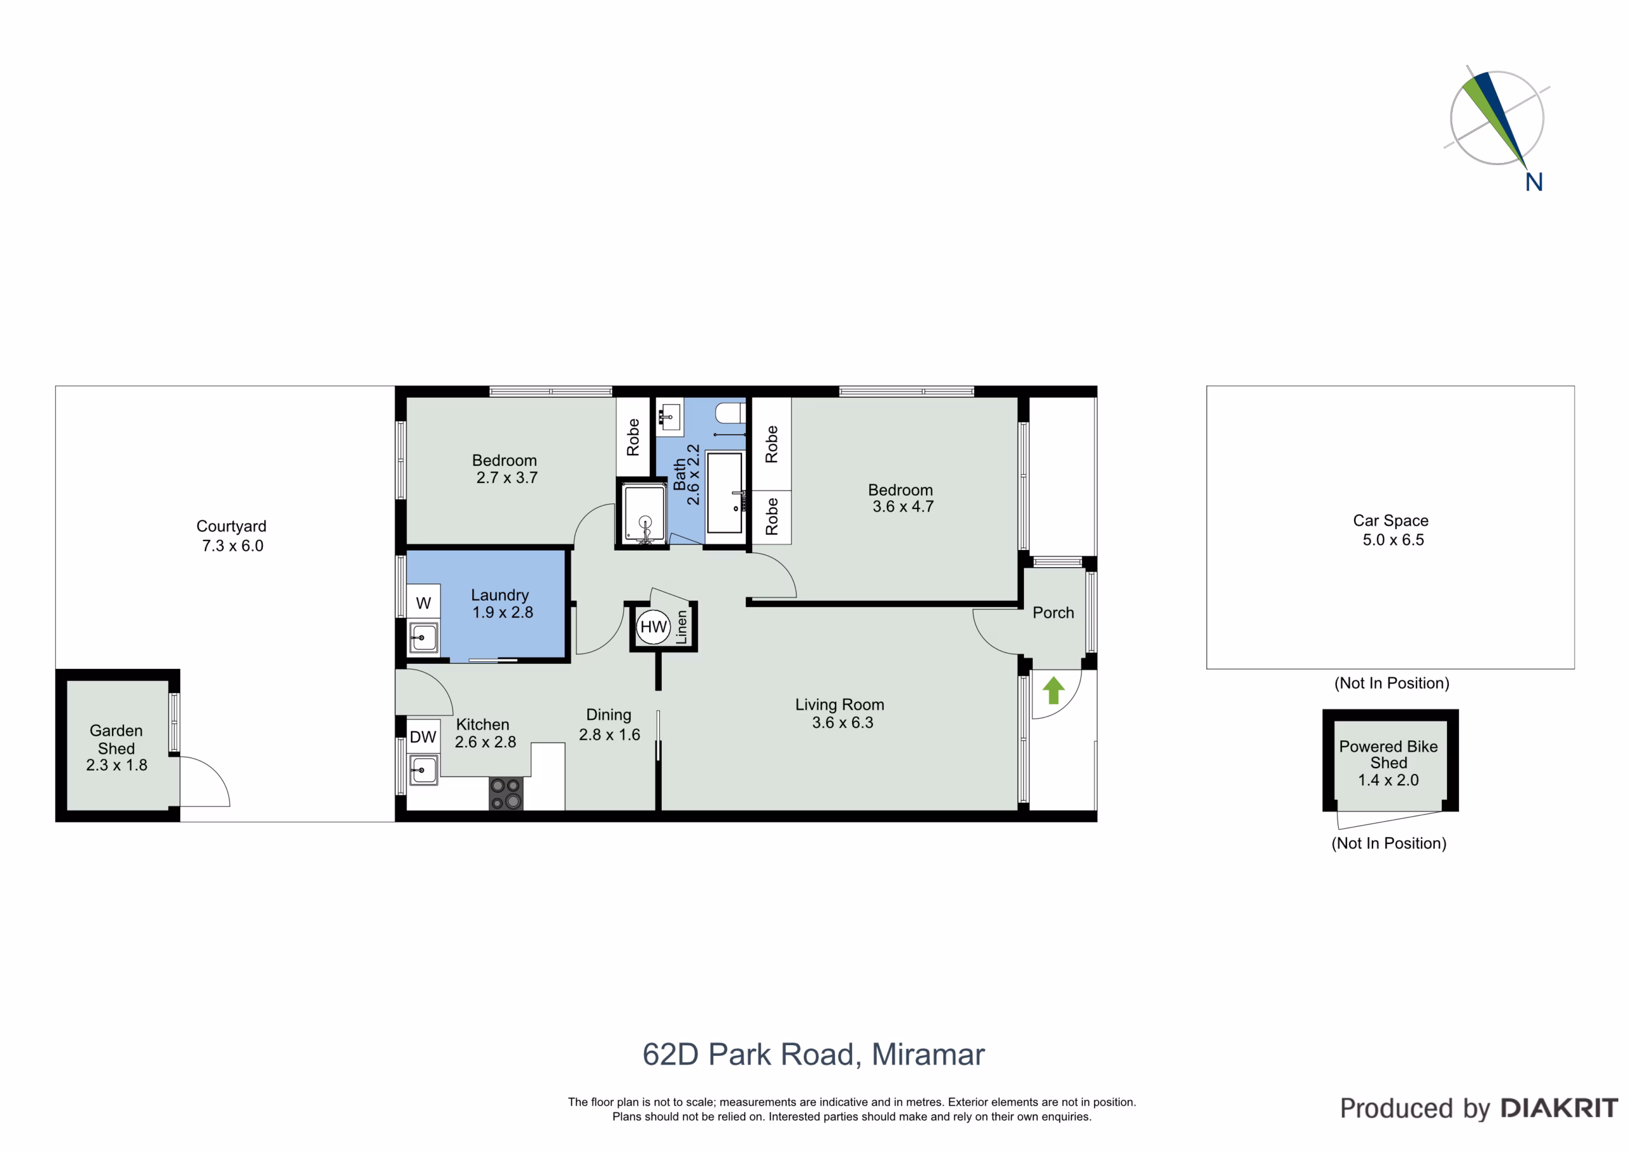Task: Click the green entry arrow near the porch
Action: point(1054,690)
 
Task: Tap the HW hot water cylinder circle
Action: point(654,627)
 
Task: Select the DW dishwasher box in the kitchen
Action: point(423,737)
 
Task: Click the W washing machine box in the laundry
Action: point(424,603)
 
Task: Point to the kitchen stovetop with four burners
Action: point(506,794)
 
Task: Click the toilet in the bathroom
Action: point(731,412)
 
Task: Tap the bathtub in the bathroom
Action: point(724,491)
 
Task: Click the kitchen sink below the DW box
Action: point(423,769)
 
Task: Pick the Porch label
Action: point(1053,612)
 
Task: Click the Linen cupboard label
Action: point(682,627)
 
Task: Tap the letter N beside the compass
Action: point(1534,183)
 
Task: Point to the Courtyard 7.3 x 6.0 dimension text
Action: point(233,546)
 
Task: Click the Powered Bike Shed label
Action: point(1388,754)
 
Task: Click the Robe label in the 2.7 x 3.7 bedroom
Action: point(633,437)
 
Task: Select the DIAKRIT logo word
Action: point(1559,1108)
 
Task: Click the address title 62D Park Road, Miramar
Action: point(814,1055)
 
